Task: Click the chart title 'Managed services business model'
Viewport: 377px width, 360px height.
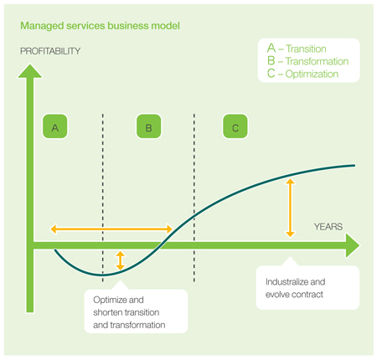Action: tap(100, 26)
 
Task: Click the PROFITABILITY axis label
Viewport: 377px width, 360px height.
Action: tap(50, 51)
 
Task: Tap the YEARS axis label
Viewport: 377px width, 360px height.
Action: tap(328, 227)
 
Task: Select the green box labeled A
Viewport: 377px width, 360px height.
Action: tap(55, 126)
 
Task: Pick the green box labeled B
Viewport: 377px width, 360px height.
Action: tap(149, 126)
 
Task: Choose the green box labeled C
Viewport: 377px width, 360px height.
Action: tap(235, 126)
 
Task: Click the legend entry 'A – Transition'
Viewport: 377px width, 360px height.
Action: tap(297, 49)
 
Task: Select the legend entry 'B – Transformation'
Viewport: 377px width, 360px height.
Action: tap(307, 61)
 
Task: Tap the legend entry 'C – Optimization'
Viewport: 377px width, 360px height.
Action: tap(302, 74)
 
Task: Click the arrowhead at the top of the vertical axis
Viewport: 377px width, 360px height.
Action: tap(30, 71)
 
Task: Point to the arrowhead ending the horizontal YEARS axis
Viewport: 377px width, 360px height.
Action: tap(353, 245)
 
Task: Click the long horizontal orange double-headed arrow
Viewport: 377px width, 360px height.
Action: tap(111, 229)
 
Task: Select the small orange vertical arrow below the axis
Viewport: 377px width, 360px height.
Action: tap(120, 260)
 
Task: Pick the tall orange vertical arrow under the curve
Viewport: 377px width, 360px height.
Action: tap(290, 208)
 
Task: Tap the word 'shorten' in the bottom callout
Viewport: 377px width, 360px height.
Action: tap(108, 312)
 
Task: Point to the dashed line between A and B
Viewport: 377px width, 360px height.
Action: tap(103, 198)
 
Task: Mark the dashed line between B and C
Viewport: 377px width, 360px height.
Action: tap(194, 198)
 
